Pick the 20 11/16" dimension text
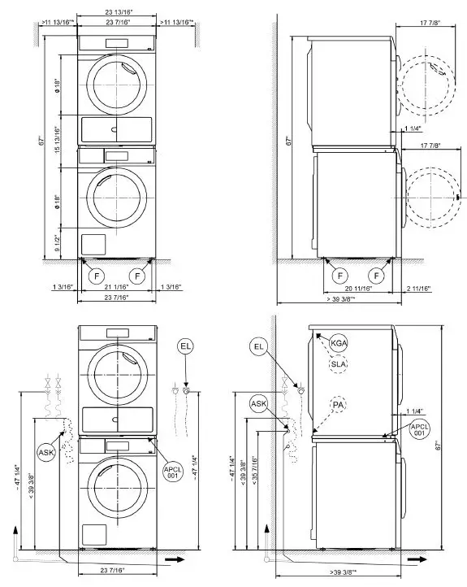tap(358, 289)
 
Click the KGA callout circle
tap(338, 344)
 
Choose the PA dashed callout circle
tap(338, 404)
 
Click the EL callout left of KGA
tap(259, 347)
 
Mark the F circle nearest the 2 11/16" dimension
tap(374, 275)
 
